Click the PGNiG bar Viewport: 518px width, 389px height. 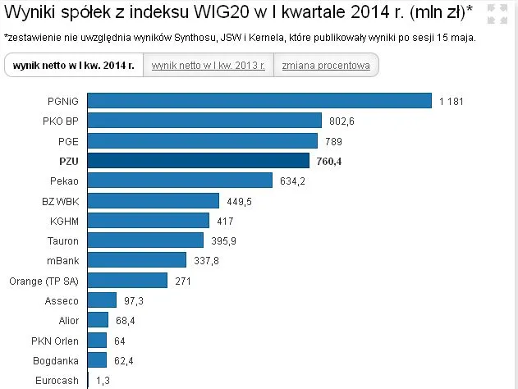[x=259, y=100]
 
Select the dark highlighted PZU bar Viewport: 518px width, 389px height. [x=198, y=161]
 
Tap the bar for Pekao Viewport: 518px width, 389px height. [x=180, y=181]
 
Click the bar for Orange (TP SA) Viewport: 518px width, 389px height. [x=127, y=281]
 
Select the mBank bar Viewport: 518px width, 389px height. [x=136, y=261]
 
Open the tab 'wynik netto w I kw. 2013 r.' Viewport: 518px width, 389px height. [x=208, y=66]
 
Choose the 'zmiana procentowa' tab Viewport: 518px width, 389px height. [x=326, y=66]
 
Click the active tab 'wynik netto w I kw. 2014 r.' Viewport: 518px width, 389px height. [x=74, y=66]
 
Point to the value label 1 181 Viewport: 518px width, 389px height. [x=452, y=101]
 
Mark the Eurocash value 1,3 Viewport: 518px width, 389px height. [x=103, y=381]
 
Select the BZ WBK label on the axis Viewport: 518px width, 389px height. [x=60, y=201]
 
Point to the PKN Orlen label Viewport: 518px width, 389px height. [x=55, y=341]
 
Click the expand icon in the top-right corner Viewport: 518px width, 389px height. [x=497, y=14]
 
